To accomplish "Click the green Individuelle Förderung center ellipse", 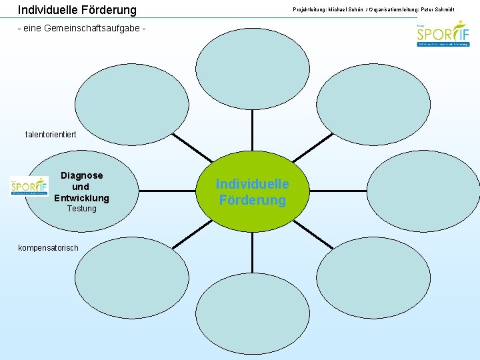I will (252, 192).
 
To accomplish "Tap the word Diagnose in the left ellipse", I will (82, 175).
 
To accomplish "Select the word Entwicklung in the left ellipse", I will (81, 198).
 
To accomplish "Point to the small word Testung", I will (82, 209).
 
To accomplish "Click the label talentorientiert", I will (51, 135).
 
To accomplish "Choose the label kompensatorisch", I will (48, 248).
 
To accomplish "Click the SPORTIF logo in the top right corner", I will (443, 35).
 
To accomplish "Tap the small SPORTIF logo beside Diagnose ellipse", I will (29, 186).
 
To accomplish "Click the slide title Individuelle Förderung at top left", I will (77, 10).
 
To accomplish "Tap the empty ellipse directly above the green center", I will (252, 67).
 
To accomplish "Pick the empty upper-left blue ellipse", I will (132, 100).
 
